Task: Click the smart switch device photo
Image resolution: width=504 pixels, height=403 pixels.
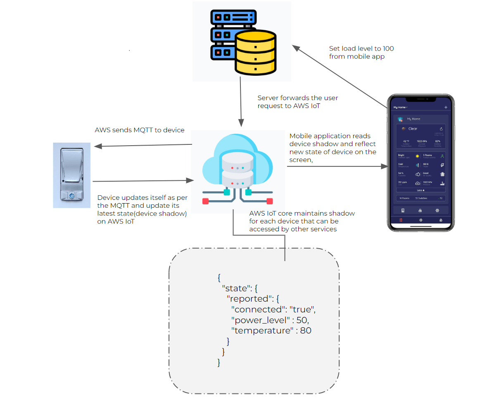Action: (x=72, y=175)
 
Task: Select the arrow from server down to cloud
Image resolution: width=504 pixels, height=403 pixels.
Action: (x=241, y=103)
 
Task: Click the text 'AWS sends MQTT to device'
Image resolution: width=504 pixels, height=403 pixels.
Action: (x=140, y=130)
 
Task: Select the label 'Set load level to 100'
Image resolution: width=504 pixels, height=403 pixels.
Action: (x=361, y=49)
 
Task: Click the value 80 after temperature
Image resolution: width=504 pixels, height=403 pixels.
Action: (x=305, y=331)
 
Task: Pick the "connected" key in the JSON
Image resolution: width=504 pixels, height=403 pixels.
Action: (x=256, y=309)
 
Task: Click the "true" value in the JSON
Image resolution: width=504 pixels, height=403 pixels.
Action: (x=302, y=309)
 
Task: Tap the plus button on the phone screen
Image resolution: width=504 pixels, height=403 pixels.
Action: (x=446, y=108)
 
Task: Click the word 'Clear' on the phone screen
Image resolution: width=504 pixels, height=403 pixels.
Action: (x=413, y=129)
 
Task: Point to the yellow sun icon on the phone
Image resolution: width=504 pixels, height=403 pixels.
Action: (x=417, y=156)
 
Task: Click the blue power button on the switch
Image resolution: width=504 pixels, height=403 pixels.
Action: (x=71, y=195)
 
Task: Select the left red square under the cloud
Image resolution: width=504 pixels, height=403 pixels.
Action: (x=205, y=201)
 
